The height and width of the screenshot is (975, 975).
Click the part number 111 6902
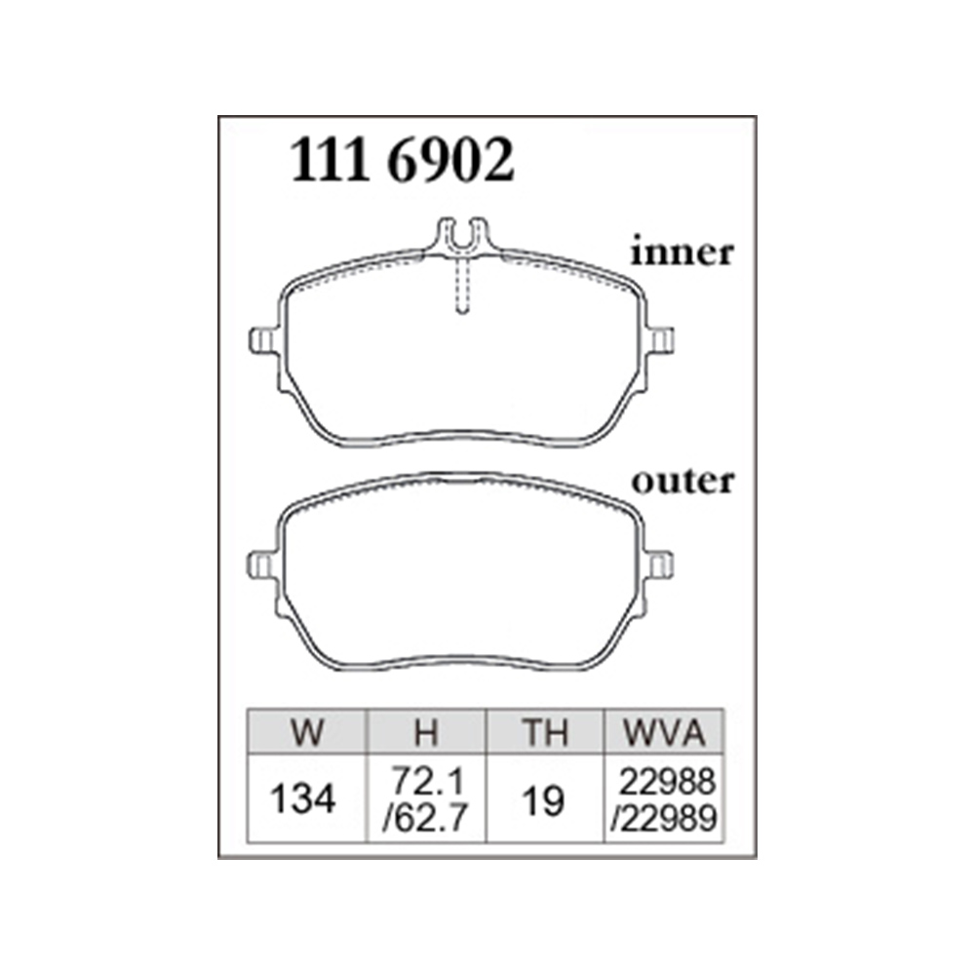click(x=403, y=160)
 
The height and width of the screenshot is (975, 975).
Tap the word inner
click(x=682, y=253)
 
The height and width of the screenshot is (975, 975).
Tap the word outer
click(x=682, y=482)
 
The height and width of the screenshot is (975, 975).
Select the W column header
click(x=307, y=732)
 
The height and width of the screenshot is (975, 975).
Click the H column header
click(x=427, y=732)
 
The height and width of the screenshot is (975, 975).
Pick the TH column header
click(x=545, y=732)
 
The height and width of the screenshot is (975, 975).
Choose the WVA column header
click(x=664, y=732)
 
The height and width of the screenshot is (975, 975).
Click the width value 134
click(x=303, y=799)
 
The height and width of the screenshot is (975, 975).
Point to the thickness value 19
click(x=543, y=800)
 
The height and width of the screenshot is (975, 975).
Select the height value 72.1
click(x=428, y=781)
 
